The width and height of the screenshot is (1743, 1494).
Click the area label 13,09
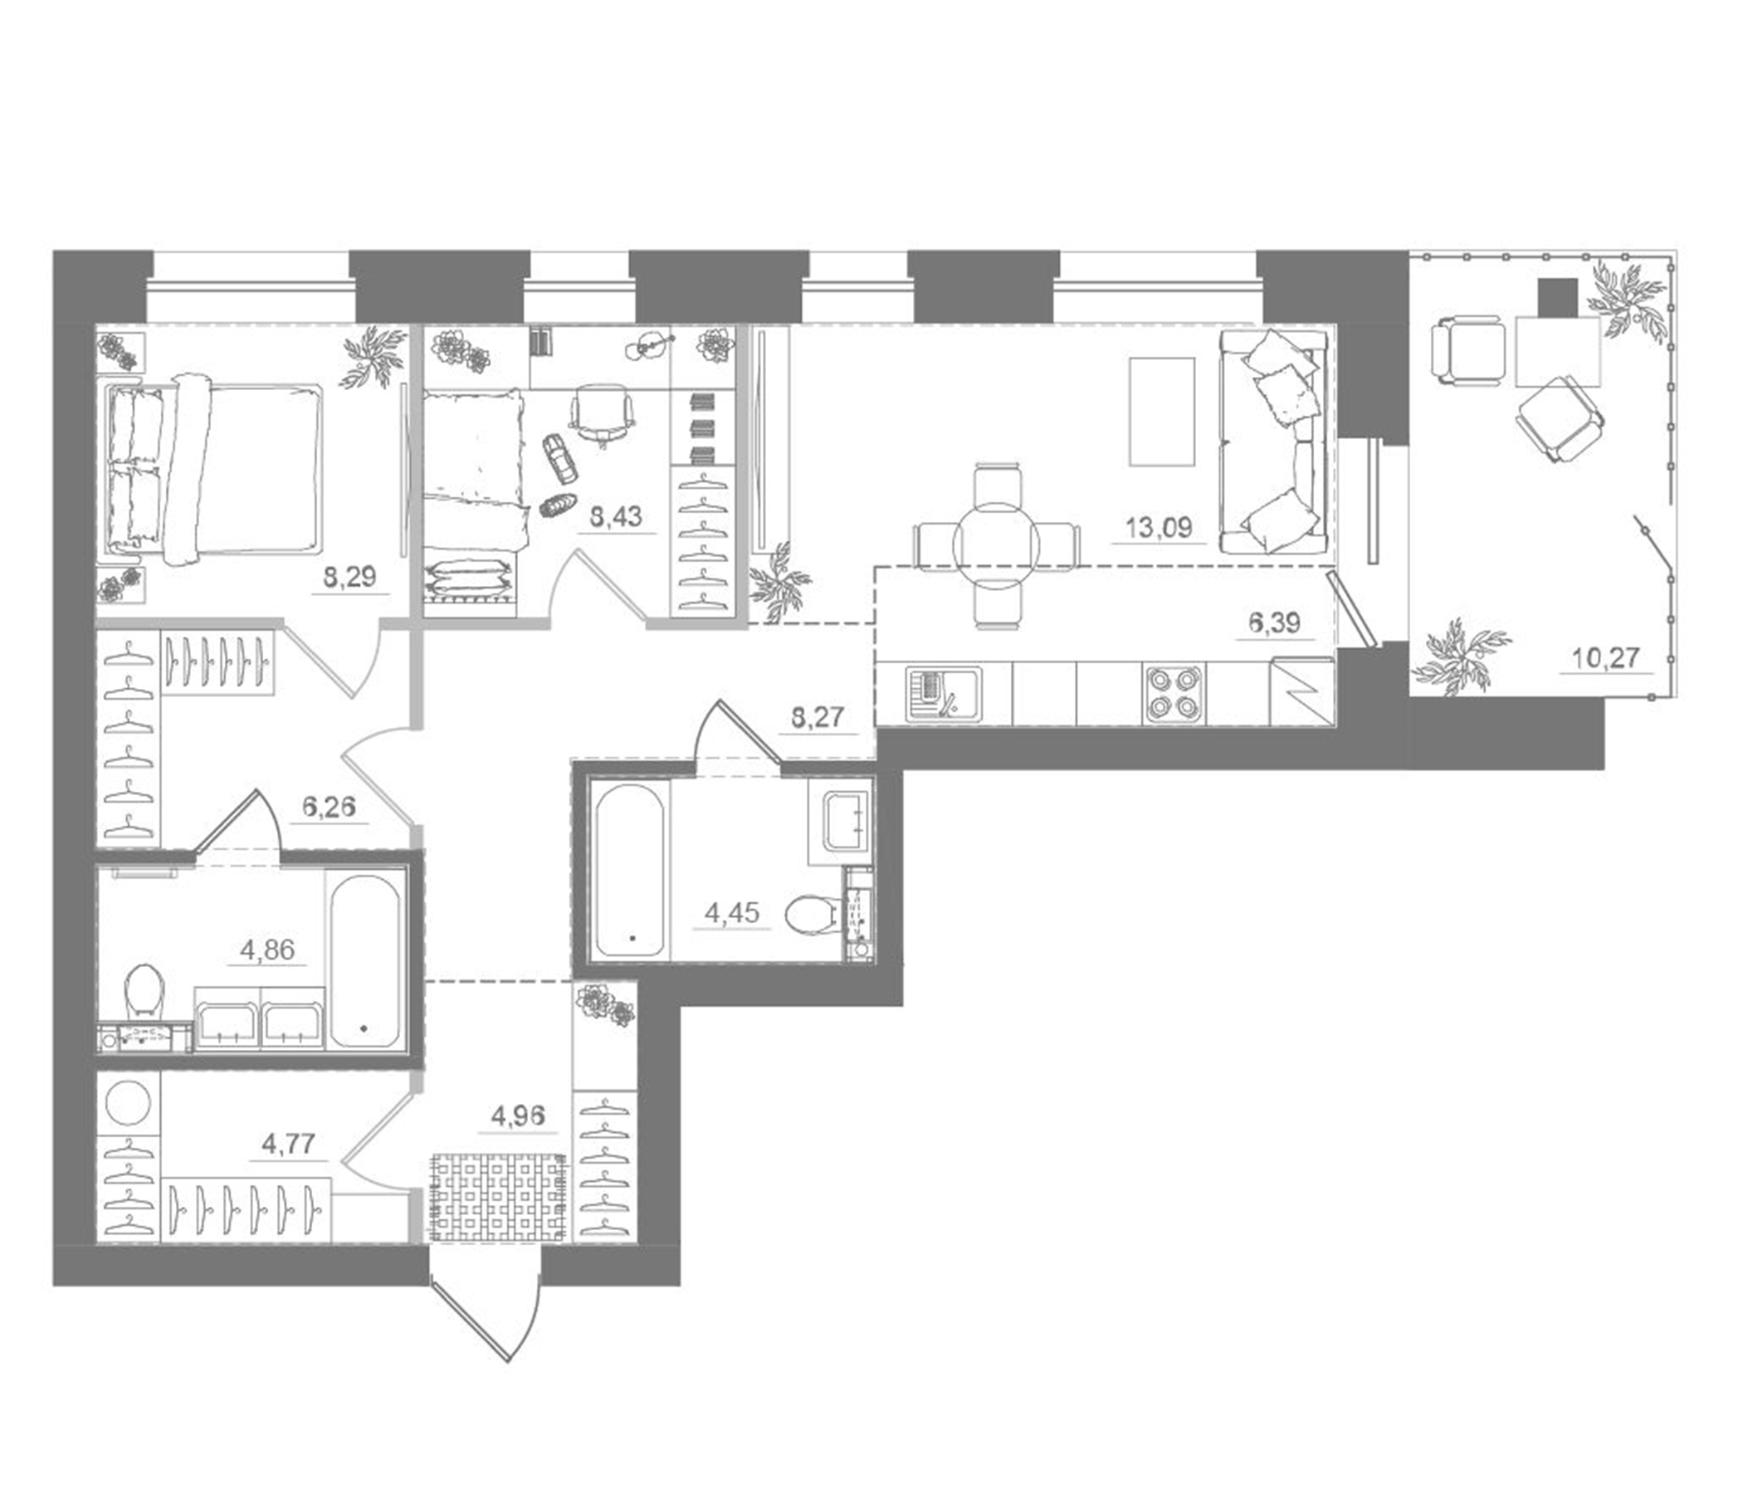click(x=1158, y=528)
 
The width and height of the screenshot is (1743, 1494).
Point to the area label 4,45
click(x=732, y=913)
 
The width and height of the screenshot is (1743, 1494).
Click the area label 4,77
click(x=288, y=1143)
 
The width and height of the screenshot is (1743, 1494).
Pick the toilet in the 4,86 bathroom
click(x=143, y=990)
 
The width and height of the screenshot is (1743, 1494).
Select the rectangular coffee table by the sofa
click(x=1161, y=411)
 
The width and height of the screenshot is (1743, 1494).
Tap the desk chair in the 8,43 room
click(x=601, y=412)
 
